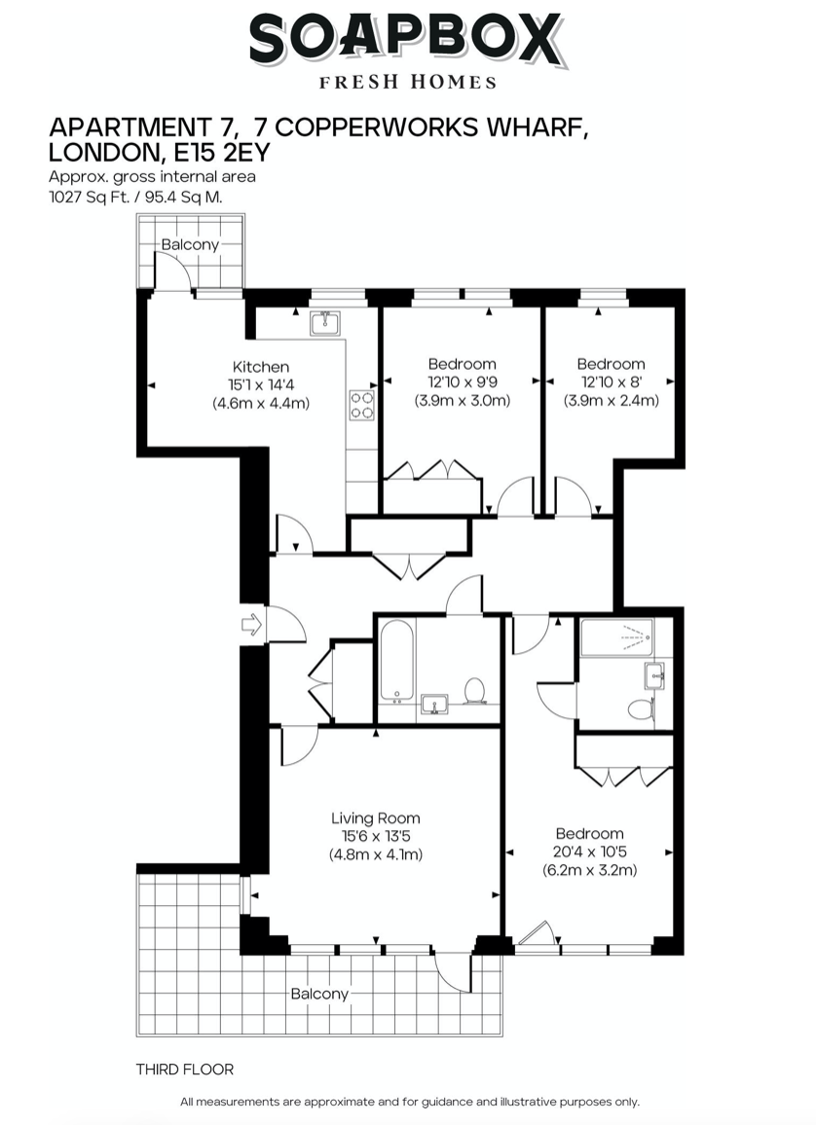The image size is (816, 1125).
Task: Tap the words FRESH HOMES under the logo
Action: pos(408,83)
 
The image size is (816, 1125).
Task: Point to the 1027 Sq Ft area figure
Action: pos(89,197)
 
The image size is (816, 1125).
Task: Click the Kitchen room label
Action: pos(261,367)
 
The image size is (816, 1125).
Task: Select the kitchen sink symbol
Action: pos(325,323)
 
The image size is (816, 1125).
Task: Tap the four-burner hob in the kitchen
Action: pos(361,405)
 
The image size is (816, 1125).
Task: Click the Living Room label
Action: pos(375,817)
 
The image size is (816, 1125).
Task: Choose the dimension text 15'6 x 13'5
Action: pos(375,836)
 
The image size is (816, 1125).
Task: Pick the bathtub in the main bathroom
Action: pos(396,661)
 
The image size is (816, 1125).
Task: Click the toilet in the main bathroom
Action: pos(474,690)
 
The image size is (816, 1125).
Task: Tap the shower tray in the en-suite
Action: pos(616,637)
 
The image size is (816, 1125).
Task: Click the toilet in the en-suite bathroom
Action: pos(640,709)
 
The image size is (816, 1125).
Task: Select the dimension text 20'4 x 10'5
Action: pos(590,852)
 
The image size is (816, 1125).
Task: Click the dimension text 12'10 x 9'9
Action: pos(463,381)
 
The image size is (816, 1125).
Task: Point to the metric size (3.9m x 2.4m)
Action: pos(611,400)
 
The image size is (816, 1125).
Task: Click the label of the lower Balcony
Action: pos(319,994)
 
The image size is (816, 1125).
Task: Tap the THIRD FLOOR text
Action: pos(185,1069)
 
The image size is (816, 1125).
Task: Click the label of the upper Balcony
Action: pos(190,244)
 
